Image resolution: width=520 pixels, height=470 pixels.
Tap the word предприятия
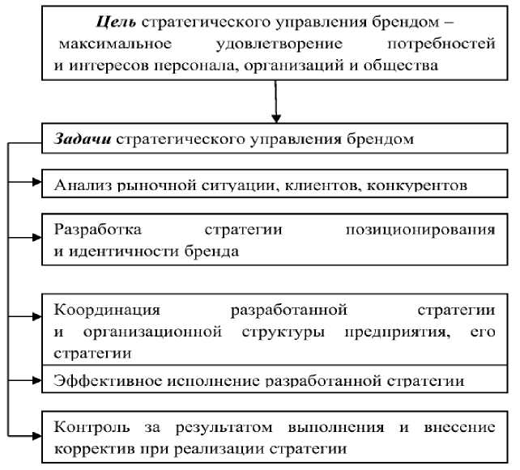tap(397, 332)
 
